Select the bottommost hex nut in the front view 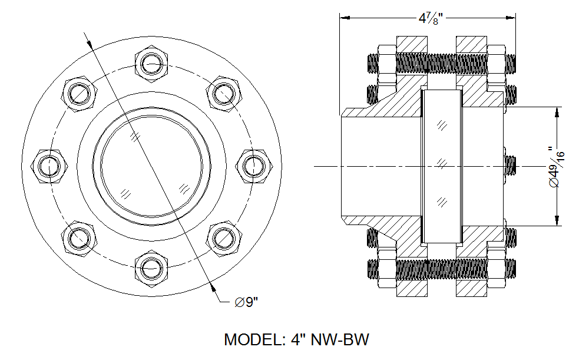[x=152, y=270]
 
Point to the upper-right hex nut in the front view [x=224, y=93]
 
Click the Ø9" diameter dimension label [x=246, y=302]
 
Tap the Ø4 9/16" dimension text [x=557, y=167]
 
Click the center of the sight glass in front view [x=152, y=166]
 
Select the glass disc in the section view [x=442, y=166]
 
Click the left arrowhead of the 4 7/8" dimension [x=343, y=18]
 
